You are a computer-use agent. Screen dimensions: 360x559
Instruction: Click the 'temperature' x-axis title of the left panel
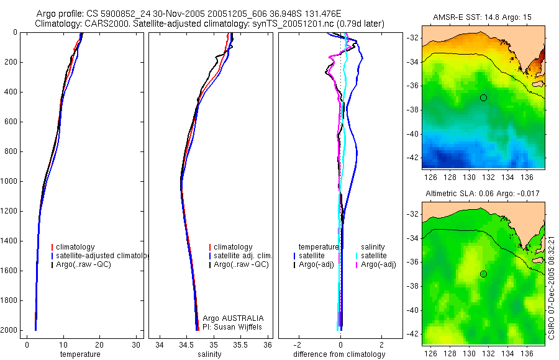pos(80,354)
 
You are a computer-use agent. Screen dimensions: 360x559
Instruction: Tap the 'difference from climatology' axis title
pos(339,354)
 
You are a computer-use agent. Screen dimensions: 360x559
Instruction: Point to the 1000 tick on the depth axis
pos(9,181)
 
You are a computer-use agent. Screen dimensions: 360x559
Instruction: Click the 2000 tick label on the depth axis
pos(9,330)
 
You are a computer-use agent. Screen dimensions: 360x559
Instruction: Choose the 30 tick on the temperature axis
pos(136,344)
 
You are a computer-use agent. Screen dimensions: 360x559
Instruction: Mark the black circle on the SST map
pos(483,97)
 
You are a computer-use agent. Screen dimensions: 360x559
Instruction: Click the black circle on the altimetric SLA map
pos(483,274)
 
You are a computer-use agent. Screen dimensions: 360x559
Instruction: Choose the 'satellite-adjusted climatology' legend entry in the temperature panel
pos(102,256)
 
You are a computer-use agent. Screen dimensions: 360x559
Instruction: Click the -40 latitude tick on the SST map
pos(413,133)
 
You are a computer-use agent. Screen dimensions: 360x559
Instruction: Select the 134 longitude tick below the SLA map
pos(508,352)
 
